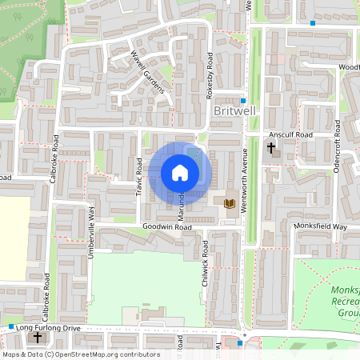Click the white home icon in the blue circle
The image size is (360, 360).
(180, 173)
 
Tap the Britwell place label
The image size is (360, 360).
(234, 115)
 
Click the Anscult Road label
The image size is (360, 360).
(291, 135)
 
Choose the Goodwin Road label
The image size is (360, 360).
(167, 227)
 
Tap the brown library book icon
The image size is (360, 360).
(230, 204)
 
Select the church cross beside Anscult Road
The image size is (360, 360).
(270, 148)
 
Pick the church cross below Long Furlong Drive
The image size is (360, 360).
(37, 338)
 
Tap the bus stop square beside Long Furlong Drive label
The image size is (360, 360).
(11, 328)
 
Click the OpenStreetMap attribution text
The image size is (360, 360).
(80, 354)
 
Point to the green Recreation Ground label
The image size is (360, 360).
(346, 302)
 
